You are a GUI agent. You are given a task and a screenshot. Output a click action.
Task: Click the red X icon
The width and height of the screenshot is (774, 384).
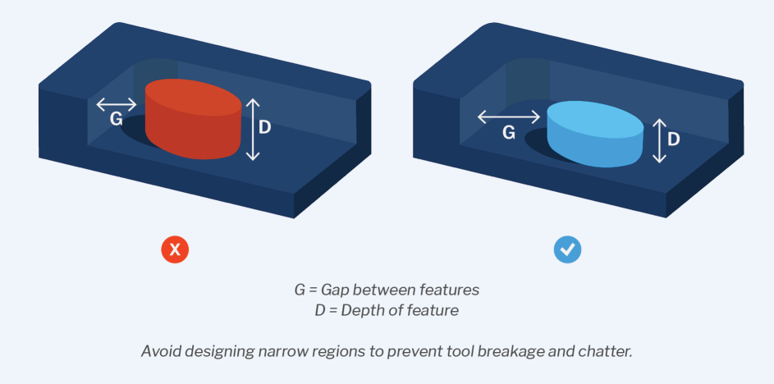pyautogui.click(x=175, y=249)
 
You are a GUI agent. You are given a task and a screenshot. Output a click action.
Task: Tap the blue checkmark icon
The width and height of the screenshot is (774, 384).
pyautogui.click(x=568, y=249)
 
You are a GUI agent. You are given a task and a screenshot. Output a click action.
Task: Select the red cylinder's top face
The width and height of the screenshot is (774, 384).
pyautogui.click(x=193, y=99)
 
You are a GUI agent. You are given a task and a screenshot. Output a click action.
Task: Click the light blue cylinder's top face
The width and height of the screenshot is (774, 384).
pyautogui.click(x=595, y=119)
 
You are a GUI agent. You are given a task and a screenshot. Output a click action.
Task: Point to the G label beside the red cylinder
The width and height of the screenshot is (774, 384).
pyautogui.click(x=116, y=119)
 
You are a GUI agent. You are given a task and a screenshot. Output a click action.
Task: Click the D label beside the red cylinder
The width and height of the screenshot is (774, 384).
pyautogui.click(x=264, y=128)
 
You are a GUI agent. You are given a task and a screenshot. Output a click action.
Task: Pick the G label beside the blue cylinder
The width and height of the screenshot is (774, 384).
pyautogui.click(x=508, y=132)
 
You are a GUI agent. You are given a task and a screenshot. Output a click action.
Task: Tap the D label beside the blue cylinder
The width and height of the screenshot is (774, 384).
pyautogui.click(x=673, y=139)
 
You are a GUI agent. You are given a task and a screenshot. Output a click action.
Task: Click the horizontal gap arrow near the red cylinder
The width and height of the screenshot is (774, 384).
pyautogui.click(x=116, y=105)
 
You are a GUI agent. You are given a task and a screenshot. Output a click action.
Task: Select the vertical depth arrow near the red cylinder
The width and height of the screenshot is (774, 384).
pyautogui.click(x=253, y=130)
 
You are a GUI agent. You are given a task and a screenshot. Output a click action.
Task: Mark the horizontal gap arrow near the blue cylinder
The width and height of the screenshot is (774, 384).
pyautogui.click(x=509, y=117)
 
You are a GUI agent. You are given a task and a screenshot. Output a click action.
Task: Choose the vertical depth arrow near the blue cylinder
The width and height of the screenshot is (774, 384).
pyautogui.click(x=659, y=140)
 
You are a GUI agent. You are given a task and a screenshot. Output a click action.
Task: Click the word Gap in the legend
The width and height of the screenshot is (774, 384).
pyautogui.click(x=332, y=290)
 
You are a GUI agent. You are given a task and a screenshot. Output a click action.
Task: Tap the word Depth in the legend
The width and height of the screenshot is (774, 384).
pyautogui.click(x=358, y=311)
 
